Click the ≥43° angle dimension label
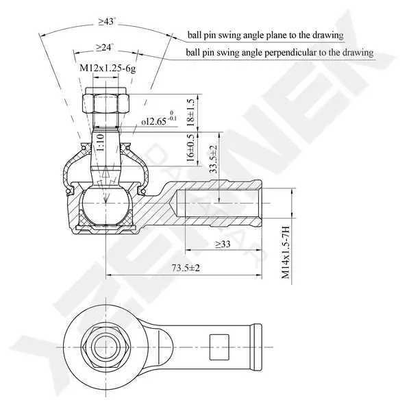click(107, 21)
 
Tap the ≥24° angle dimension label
click(105, 47)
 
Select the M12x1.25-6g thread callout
click(108, 68)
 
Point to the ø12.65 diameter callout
click(159, 119)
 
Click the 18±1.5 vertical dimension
click(191, 113)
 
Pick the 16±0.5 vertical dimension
click(191, 147)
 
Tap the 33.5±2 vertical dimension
click(214, 159)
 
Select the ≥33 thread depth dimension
click(223, 244)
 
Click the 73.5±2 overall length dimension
click(186, 268)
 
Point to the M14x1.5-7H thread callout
click(286, 252)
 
